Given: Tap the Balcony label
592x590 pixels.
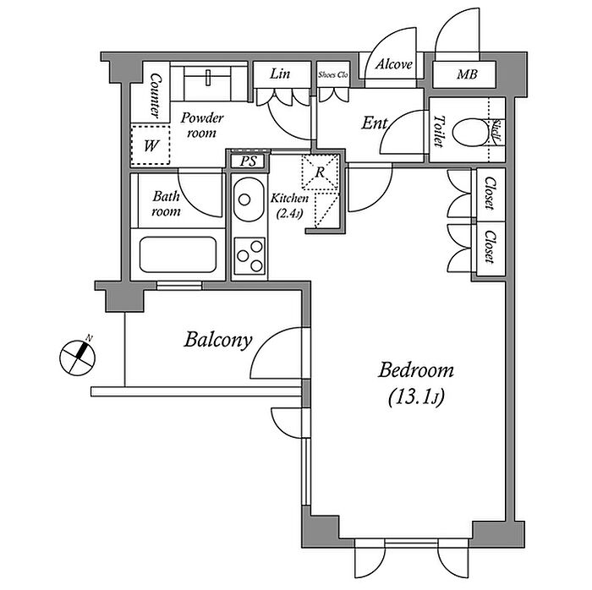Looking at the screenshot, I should tap(218, 341).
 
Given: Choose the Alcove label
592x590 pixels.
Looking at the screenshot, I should tap(393, 64).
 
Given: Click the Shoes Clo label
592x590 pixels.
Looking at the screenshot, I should tap(332, 74).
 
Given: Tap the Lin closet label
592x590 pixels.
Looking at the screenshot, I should tap(280, 74).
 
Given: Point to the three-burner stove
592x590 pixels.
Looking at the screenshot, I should tap(249, 254).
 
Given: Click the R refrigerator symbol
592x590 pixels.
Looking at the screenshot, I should tap(321, 173).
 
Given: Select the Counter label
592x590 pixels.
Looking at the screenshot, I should tap(156, 95).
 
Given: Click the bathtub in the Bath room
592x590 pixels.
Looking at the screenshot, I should tap(177, 254).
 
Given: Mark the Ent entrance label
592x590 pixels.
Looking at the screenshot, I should tap(374, 123).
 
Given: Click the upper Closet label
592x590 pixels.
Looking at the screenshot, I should tap(489, 195).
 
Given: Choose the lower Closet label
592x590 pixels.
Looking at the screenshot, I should tap(489, 247).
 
